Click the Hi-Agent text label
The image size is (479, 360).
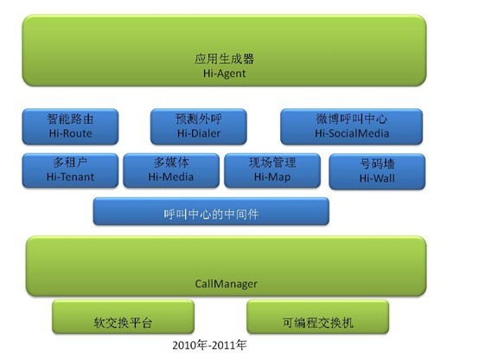[x=224, y=74]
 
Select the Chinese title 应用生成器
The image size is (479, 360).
[x=224, y=59]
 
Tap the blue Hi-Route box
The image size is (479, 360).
[x=70, y=126]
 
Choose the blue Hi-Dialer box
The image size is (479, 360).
[x=199, y=126]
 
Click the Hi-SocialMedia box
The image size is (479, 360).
[x=352, y=126]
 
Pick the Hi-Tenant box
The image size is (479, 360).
[x=70, y=170]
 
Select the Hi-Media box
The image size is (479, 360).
[x=171, y=170]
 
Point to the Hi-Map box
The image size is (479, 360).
[x=272, y=170]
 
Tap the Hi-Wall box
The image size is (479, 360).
[x=377, y=171]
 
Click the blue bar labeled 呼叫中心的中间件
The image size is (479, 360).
[x=211, y=211]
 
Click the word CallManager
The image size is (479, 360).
[x=226, y=284]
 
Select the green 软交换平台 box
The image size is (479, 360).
[x=123, y=317]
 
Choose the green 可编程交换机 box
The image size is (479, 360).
[x=317, y=317]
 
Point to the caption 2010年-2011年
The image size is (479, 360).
[x=209, y=345]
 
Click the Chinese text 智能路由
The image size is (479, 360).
[x=70, y=119]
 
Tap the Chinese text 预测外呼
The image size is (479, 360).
[x=199, y=119]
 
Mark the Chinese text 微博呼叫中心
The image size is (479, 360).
[x=352, y=119]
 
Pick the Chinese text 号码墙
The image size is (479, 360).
[x=377, y=164]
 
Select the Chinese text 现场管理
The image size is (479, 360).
[x=272, y=163]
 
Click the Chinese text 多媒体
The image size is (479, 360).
[x=171, y=163]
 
